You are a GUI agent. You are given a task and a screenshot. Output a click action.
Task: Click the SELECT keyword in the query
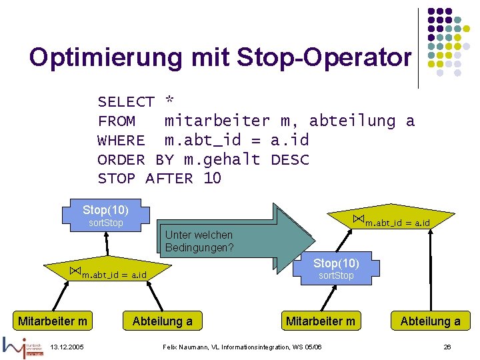[126, 102]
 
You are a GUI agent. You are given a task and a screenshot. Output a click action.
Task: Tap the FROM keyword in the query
[117, 121]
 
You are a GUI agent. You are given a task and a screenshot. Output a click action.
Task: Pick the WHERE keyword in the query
[121, 141]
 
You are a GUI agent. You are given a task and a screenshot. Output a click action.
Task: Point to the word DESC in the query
[290, 160]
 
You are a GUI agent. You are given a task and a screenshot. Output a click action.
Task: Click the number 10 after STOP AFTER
[212, 179]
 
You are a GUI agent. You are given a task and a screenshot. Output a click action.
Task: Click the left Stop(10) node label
[105, 210]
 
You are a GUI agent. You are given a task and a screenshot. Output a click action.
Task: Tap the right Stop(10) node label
[336, 263]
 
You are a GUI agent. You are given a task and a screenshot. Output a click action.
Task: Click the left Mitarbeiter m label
[53, 321]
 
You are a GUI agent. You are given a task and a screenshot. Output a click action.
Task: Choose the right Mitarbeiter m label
[321, 321]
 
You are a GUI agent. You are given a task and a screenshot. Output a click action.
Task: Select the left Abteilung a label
[163, 321]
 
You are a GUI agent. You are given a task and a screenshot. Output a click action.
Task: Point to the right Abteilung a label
[430, 321]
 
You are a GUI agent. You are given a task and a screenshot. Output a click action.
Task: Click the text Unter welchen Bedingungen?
[199, 241]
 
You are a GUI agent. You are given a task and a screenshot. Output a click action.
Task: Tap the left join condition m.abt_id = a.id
[113, 275]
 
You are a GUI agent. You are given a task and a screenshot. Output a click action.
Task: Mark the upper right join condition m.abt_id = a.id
[397, 222]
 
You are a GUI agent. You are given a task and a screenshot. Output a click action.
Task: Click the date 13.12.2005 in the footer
[67, 347]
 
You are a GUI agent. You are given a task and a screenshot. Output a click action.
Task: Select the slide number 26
[447, 347]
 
